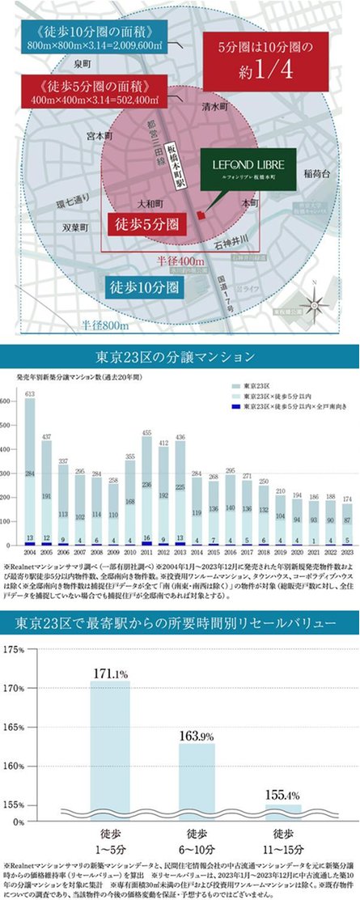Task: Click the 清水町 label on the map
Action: tap(217, 106)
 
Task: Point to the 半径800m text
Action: tap(104, 325)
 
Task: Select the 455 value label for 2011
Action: tap(147, 434)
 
